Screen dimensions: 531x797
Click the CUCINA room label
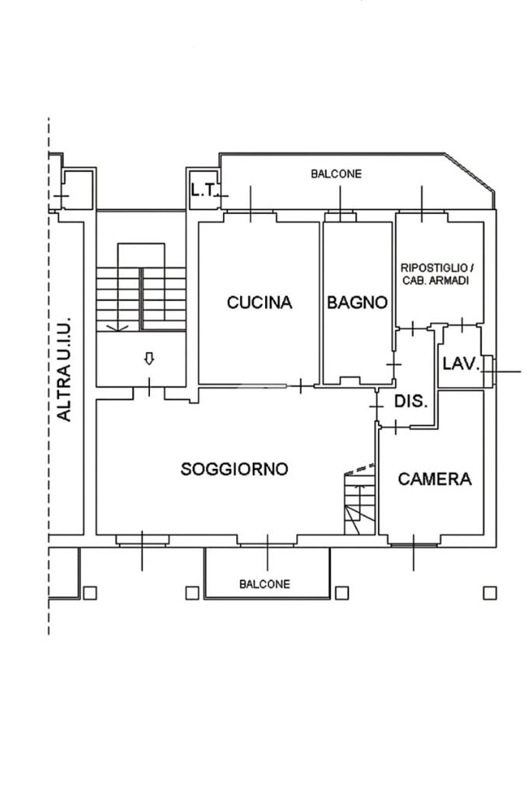(259, 302)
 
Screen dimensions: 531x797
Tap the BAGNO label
(357, 302)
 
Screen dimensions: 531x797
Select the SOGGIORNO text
(234, 469)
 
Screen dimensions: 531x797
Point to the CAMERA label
(435, 479)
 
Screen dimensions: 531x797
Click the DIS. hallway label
(411, 401)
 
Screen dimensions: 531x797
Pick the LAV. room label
(461, 364)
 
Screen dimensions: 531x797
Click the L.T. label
(204, 190)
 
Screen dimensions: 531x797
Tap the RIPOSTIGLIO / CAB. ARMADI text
(435, 274)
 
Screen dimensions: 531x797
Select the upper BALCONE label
(337, 174)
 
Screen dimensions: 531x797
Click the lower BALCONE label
(265, 584)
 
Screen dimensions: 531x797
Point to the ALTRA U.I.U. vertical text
(64, 369)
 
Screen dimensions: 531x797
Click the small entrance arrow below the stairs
(149, 359)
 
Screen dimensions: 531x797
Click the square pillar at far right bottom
(490, 593)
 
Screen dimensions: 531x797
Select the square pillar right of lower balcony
(342, 593)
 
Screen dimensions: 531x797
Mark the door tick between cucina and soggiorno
(301, 386)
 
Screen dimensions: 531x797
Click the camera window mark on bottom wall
(414, 551)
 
